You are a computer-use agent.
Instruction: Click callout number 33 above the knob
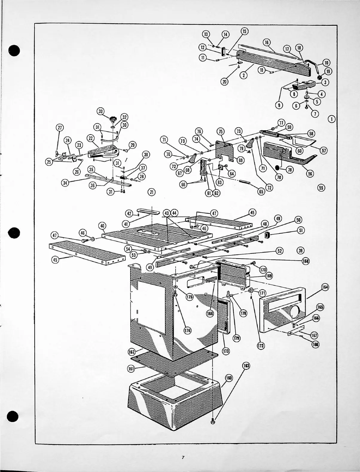(x=100, y=111)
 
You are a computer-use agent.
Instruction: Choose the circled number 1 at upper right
(x=331, y=119)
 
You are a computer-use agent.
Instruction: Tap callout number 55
(x=321, y=188)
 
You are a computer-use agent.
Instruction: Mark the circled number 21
(x=152, y=192)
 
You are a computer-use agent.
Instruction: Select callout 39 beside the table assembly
(x=300, y=250)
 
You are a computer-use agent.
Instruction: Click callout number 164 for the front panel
(x=325, y=287)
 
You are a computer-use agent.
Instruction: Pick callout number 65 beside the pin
(x=261, y=192)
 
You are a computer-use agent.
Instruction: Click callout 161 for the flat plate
(x=131, y=369)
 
